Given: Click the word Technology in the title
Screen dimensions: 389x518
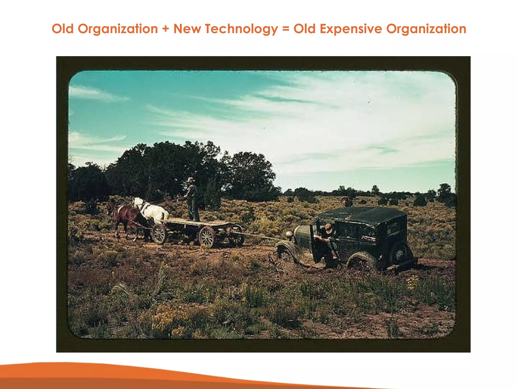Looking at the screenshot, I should (241, 29).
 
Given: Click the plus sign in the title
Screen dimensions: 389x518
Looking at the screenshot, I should (166, 29).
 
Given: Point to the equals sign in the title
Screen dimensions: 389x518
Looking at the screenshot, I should (286, 29).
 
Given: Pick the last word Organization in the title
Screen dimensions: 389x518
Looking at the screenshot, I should (426, 29).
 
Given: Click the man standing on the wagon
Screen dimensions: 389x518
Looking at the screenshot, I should (192, 200).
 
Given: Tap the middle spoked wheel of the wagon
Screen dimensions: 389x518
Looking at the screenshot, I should (207, 237).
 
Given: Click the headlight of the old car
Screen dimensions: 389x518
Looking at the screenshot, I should (289, 233).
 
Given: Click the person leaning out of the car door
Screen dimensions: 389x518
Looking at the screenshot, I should (326, 241).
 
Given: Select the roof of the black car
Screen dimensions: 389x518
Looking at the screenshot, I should (362, 214).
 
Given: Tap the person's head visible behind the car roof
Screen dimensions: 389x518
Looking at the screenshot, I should (344, 201).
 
